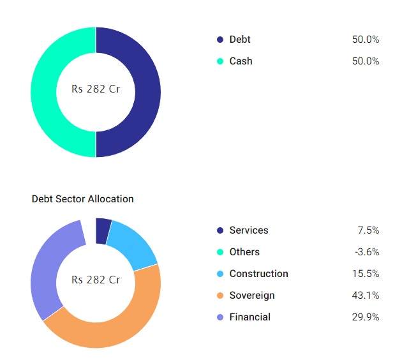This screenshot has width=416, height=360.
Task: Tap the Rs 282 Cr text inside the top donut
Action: (x=96, y=89)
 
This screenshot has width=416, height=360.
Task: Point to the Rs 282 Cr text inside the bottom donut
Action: (x=96, y=280)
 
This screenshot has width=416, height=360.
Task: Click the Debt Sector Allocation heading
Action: (x=83, y=199)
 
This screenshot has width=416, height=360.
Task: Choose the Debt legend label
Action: (x=240, y=40)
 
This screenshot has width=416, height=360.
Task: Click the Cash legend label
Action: (x=241, y=61)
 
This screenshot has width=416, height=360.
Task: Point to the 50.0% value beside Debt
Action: (x=366, y=40)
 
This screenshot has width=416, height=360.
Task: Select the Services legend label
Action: (x=249, y=230)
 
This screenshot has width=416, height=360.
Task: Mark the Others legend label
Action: (x=244, y=252)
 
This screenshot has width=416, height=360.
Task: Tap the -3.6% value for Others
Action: (x=367, y=252)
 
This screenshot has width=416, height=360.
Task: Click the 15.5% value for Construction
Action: (x=366, y=274)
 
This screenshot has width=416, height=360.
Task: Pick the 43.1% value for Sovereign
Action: (x=366, y=296)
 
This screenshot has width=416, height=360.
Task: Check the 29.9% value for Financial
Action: (x=366, y=317)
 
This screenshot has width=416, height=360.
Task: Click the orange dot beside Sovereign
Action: (x=220, y=296)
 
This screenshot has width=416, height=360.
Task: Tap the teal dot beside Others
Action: (x=220, y=252)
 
